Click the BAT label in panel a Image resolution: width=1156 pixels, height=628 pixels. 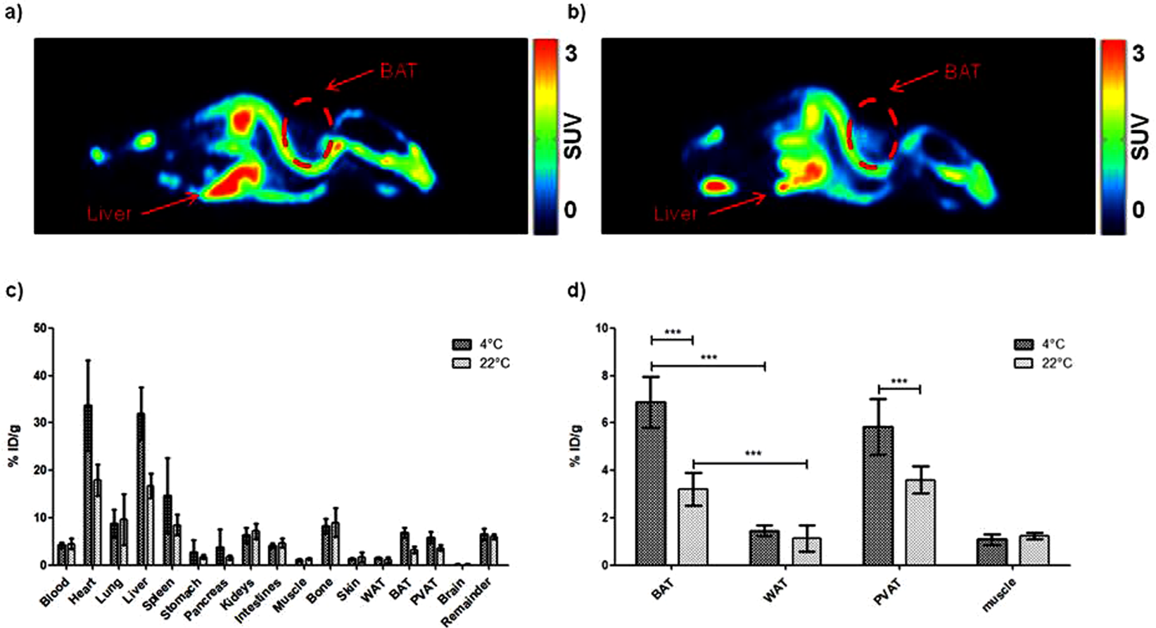coord(398,70)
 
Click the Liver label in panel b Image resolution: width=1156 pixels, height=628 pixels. coord(675,214)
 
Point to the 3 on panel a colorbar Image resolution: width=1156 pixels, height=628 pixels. coord(571,53)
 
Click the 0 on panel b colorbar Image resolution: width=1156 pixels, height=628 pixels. coord(1138,210)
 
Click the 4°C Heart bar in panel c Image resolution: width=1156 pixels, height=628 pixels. coord(88,485)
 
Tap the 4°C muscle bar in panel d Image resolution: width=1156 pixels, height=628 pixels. coord(991,552)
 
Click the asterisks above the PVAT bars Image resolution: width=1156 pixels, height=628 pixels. coord(899,382)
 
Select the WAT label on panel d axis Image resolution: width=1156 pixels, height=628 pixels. coord(775,588)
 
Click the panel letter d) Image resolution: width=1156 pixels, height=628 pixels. coord(577,290)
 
